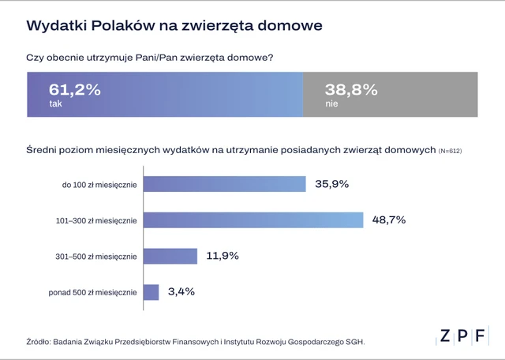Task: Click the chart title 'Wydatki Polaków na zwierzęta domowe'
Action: point(174,25)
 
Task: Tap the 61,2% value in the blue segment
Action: point(75,89)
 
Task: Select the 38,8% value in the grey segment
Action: point(351,89)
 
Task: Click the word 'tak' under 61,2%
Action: point(55,103)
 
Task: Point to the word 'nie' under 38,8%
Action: point(331,103)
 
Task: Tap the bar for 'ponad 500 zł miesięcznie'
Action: point(151,292)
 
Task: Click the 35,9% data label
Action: point(331,184)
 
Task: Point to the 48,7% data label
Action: point(389,220)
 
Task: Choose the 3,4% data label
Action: point(181,292)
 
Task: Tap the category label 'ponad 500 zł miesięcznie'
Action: point(93,293)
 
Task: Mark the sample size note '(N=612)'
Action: point(450,150)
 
